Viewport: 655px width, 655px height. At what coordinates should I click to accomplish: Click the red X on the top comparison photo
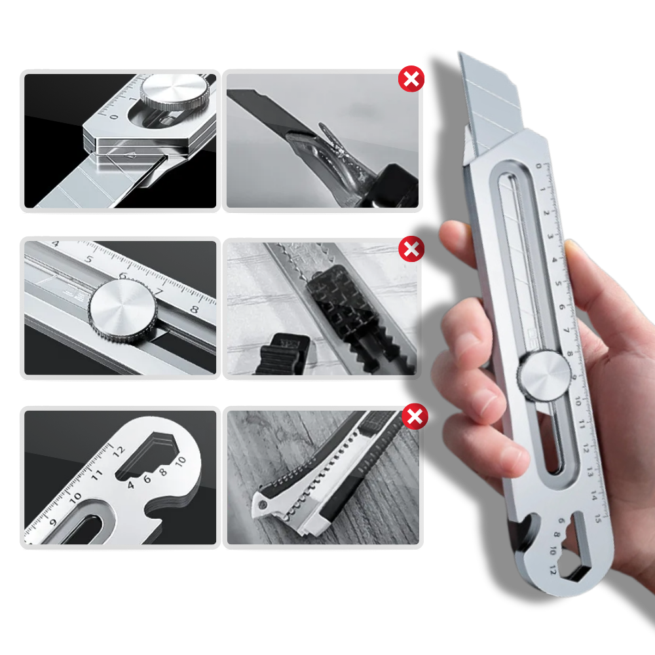411,79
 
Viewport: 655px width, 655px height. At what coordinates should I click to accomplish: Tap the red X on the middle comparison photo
411,250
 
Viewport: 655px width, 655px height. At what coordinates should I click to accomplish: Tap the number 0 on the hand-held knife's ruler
539,166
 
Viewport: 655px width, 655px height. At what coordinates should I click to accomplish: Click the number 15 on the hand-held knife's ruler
597,517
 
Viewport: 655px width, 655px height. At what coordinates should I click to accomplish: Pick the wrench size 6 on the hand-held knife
561,522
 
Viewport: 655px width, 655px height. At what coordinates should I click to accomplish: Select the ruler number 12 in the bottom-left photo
118,450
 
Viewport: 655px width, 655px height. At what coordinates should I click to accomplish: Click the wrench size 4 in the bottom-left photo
131,485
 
